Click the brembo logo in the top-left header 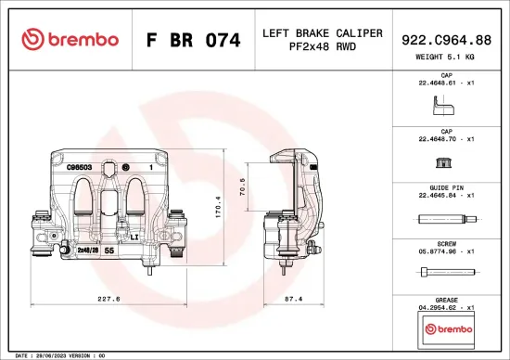pyautogui.click(x=70, y=39)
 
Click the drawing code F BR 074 pyautogui.click(x=194, y=40)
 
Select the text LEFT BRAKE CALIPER pyautogui.click(x=322, y=32)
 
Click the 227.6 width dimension pyautogui.click(x=109, y=299)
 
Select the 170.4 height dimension pyautogui.click(x=218, y=204)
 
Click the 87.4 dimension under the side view pyautogui.click(x=295, y=299)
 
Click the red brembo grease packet pyautogui.click(x=448, y=330)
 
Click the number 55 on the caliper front pyautogui.click(x=109, y=251)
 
